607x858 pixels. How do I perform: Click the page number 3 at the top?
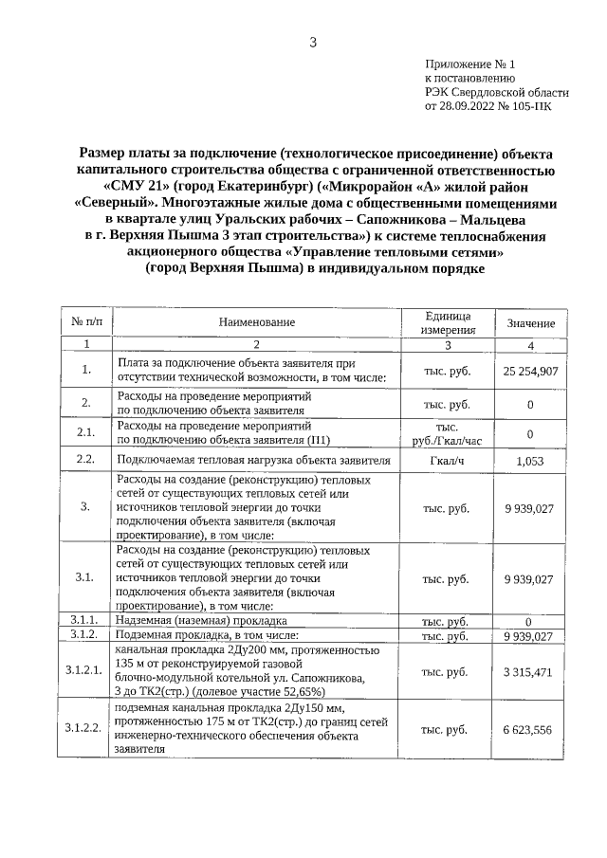pos(313,42)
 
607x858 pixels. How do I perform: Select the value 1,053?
pos(530,461)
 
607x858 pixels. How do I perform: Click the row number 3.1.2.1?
pos(84,671)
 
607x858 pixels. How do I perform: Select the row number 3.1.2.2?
pos(84,729)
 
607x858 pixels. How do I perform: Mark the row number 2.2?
pos(85,461)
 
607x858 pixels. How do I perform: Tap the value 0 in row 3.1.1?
pos(530,621)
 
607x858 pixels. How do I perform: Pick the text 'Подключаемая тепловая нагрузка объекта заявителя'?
pos(253,462)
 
